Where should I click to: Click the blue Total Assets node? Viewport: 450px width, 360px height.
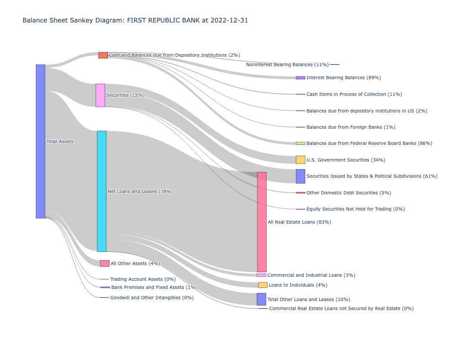click(x=40, y=141)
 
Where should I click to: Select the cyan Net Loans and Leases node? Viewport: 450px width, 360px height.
click(x=102, y=191)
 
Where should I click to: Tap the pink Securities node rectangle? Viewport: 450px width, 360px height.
click(x=100, y=95)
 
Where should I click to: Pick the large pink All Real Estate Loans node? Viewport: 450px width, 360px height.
click(x=261, y=222)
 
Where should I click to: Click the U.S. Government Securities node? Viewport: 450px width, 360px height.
click(x=300, y=160)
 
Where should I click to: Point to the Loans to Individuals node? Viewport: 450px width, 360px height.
click(x=263, y=285)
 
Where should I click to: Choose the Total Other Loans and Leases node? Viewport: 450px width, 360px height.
click(x=261, y=299)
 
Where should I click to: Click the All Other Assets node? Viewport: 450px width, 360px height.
click(x=105, y=263)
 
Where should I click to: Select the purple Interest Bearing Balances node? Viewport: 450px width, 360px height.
click(x=300, y=78)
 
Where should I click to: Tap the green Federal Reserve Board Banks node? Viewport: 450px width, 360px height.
click(x=300, y=143)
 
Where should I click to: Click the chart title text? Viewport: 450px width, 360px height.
click(x=135, y=20)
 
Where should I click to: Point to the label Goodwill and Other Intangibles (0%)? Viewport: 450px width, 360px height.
click(x=152, y=297)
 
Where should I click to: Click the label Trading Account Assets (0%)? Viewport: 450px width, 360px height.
click(x=143, y=279)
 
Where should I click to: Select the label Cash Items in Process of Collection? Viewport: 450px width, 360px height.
click(x=354, y=94)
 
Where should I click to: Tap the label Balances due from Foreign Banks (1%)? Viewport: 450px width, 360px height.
click(x=351, y=127)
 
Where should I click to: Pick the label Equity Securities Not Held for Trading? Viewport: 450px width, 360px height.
click(x=355, y=209)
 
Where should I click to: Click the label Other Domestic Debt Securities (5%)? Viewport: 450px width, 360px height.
click(x=349, y=193)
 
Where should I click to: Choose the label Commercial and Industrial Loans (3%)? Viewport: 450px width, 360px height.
click(x=311, y=275)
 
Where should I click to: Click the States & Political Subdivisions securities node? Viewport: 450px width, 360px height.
click(x=300, y=176)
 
